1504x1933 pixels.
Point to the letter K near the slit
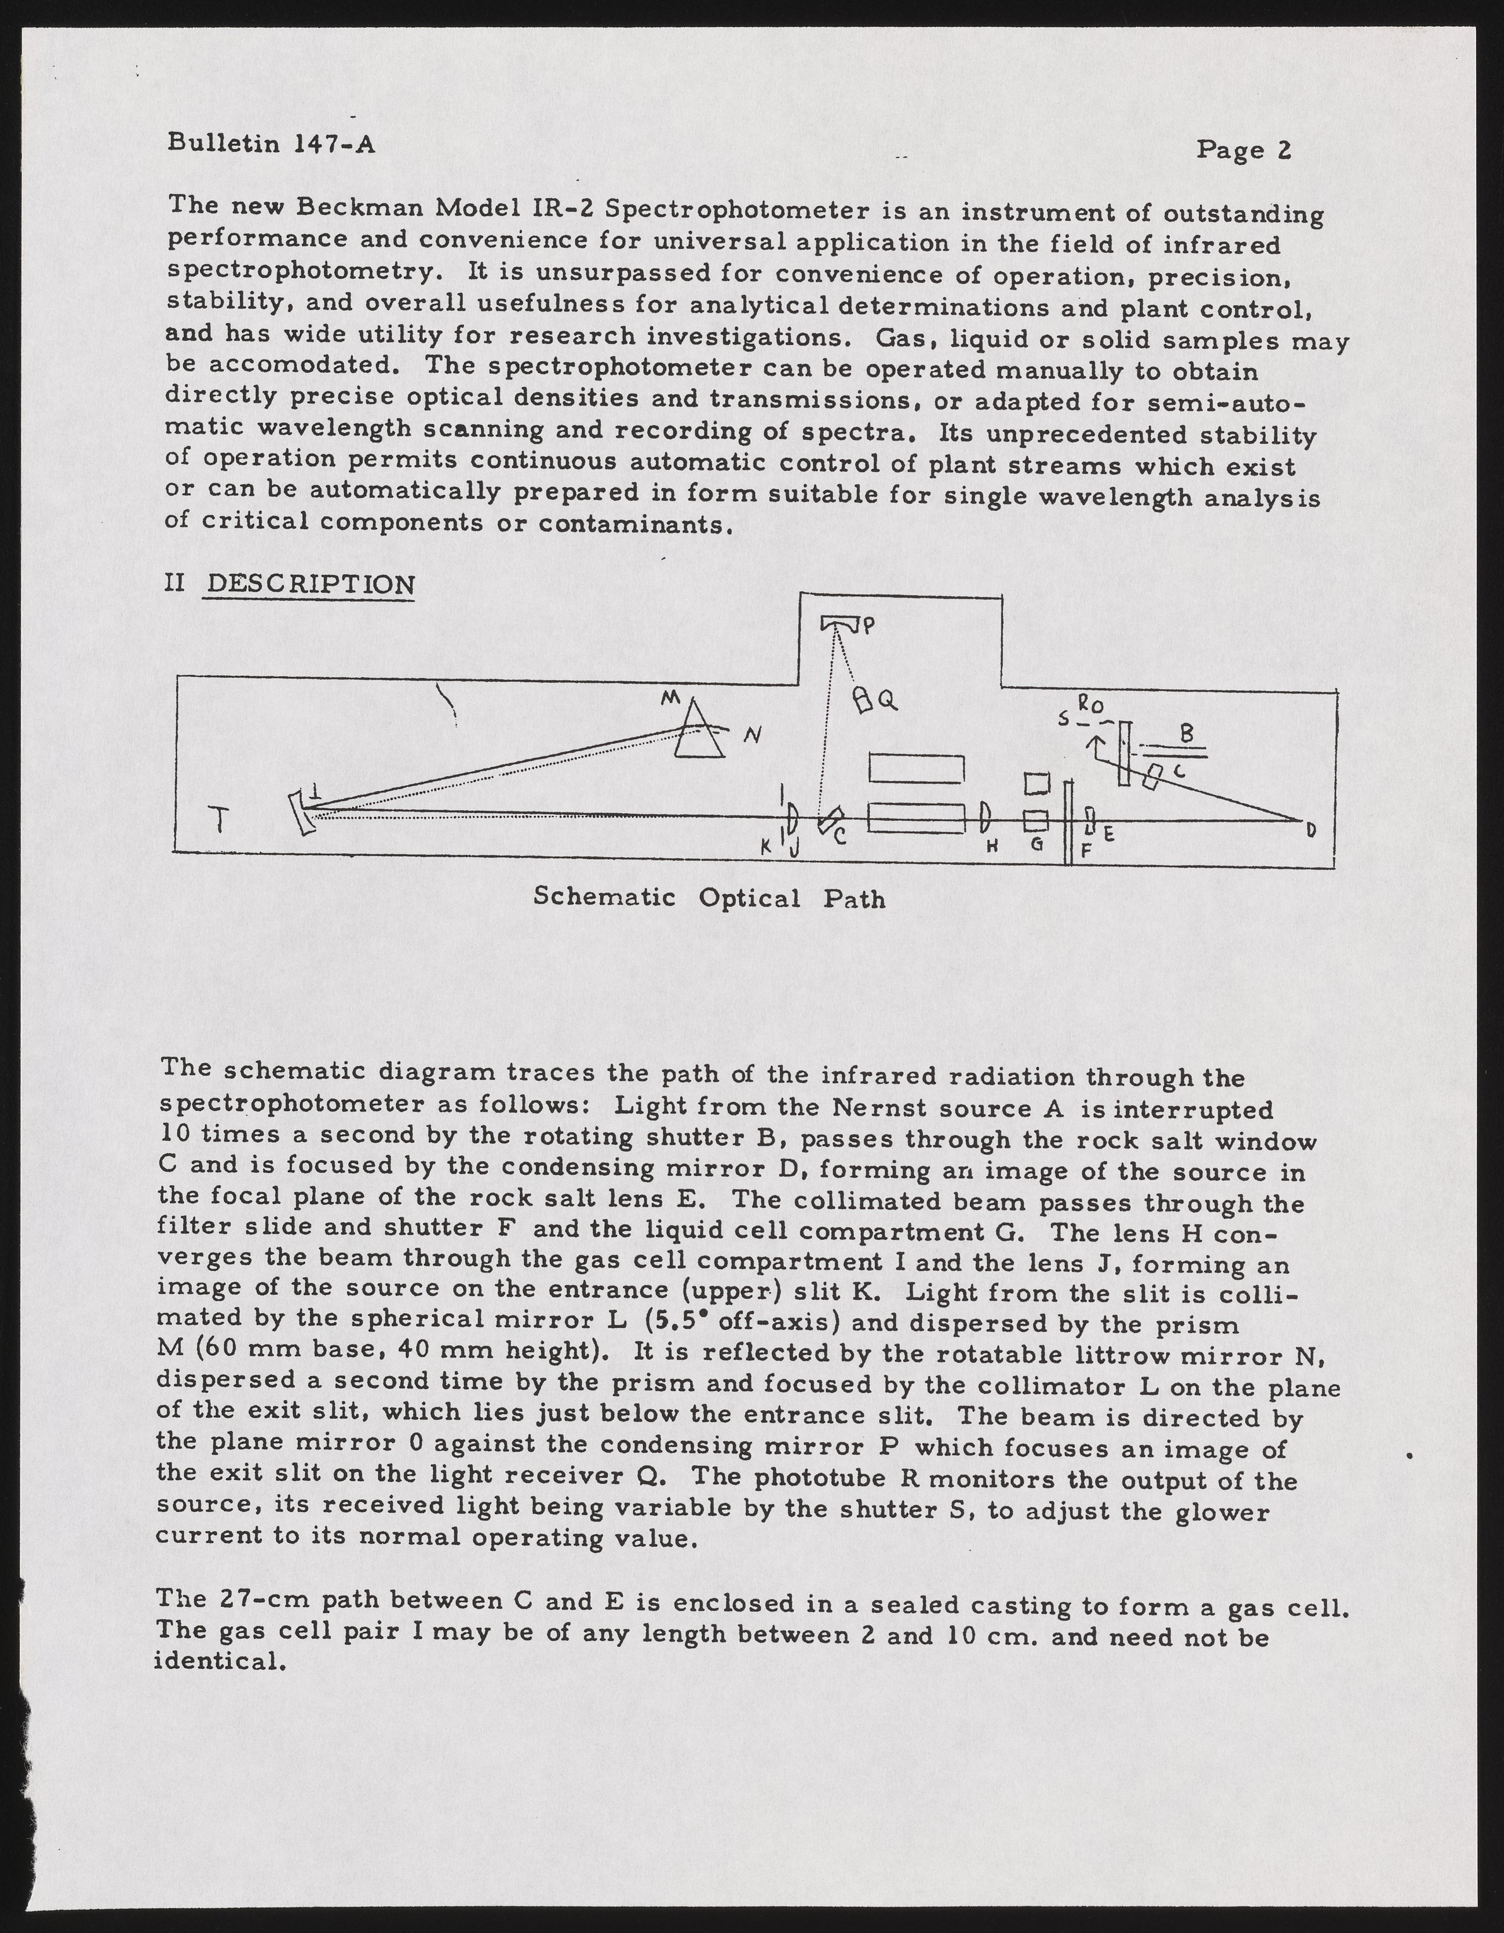click(767, 847)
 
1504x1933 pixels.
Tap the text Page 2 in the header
click(1244, 150)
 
